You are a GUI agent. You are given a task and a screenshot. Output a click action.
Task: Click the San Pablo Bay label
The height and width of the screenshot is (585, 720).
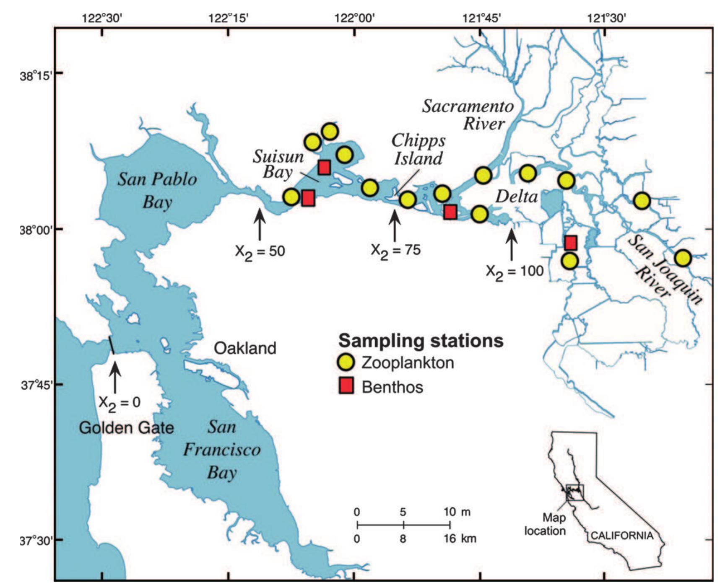click(x=157, y=191)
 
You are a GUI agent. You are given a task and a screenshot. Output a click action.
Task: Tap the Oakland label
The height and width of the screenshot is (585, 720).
click(x=245, y=348)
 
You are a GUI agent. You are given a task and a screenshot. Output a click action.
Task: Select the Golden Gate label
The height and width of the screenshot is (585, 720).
click(x=126, y=428)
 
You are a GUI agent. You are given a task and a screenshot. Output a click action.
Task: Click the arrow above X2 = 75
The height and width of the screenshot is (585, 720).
click(x=395, y=225)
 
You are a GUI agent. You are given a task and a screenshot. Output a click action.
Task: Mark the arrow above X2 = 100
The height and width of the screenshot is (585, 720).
click(x=511, y=244)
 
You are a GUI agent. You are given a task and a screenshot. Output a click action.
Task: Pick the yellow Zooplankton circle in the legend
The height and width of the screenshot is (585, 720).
click(x=346, y=362)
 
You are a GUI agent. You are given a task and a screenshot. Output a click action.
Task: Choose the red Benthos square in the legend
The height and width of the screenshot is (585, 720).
click(x=346, y=386)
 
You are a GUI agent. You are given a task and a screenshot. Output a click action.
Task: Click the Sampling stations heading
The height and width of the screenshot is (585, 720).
click(x=421, y=340)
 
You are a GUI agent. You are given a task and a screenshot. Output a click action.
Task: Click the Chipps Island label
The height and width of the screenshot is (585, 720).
click(x=418, y=150)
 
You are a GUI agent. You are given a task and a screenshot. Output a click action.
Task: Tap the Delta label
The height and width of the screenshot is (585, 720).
click(x=516, y=196)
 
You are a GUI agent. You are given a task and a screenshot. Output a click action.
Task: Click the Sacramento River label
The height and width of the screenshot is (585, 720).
click(x=468, y=115)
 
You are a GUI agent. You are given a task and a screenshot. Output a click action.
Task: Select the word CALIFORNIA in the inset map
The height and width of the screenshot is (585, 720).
click(x=622, y=536)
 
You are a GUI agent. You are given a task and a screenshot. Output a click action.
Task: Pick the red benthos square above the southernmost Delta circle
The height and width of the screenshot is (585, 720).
click(x=570, y=243)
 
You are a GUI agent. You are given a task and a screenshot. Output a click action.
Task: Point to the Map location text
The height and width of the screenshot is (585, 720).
click(x=545, y=524)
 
